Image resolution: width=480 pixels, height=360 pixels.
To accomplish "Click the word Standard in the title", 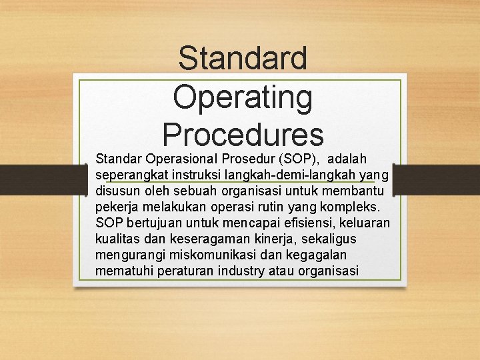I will coord(243,58).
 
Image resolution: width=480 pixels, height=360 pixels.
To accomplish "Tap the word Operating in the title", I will coord(243,97).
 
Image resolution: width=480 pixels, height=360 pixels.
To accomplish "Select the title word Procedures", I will coord(243,134).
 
